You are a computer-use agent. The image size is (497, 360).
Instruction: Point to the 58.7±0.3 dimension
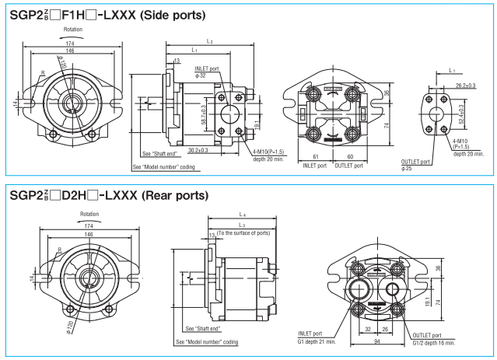(x=205, y=114)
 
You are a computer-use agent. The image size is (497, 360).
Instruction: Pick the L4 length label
(x=243, y=214)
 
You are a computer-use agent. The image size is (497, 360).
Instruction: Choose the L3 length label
(x=243, y=224)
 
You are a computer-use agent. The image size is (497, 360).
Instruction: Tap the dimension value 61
(x=316, y=156)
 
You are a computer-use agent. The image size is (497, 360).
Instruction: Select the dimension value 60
(x=350, y=156)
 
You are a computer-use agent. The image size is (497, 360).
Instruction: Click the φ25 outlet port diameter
(x=406, y=169)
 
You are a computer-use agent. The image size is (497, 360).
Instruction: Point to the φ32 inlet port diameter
(x=201, y=75)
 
